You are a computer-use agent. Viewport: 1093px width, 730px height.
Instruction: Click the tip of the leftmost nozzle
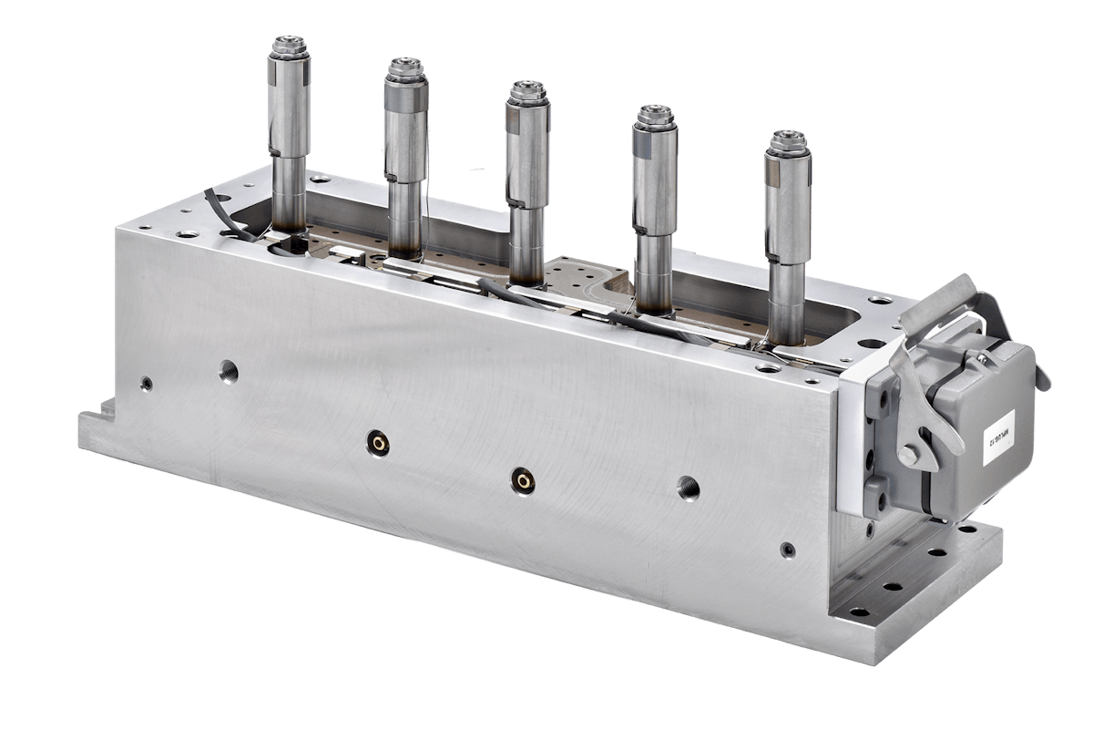tap(288, 43)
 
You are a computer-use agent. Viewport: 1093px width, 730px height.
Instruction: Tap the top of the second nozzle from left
tap(404, 66)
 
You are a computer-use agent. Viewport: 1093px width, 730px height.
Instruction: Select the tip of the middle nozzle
tap(526, 87)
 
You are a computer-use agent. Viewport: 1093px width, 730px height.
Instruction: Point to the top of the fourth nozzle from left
tap(654, 113)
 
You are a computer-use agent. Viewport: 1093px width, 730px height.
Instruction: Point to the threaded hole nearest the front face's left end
tap(227, 368)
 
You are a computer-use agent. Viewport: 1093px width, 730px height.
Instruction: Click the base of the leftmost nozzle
tap(291, 233)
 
